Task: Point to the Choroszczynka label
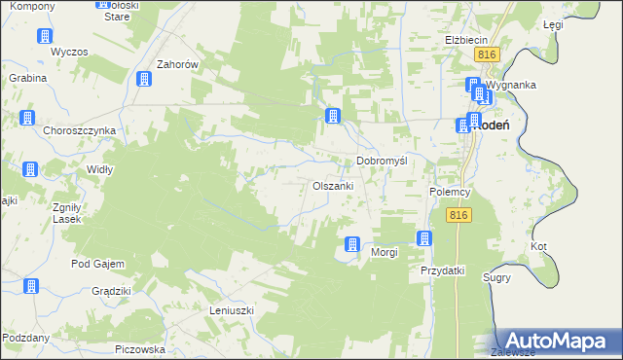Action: [79, 130]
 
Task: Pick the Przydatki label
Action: [443, 270]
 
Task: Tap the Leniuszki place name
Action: [231, 310]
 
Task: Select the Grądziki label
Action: [111, 291]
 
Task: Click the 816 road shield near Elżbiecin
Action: [488, 55]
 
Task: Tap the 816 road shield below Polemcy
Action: [460, 215]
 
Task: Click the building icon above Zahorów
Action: [144, 80]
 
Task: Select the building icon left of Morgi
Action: [352, 245]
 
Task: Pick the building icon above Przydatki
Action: [424, 238]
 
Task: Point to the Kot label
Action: [538, 246]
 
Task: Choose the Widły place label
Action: [100, 169]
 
